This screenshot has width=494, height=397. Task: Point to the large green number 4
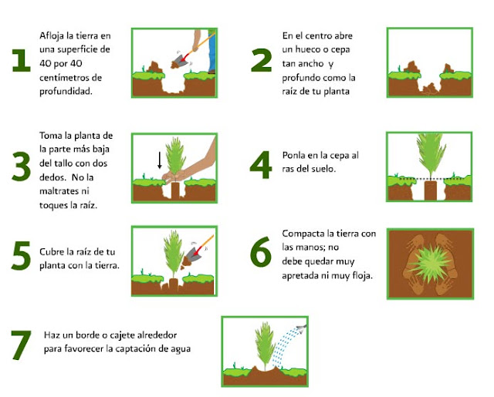point(260,163)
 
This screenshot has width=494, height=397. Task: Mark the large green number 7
point(20,345)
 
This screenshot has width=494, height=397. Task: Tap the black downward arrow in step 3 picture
point(160,160)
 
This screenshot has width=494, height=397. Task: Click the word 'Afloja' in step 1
point(52,35)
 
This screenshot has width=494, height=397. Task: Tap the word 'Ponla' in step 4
point(295,155)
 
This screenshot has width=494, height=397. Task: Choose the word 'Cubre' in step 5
point(52,252)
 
